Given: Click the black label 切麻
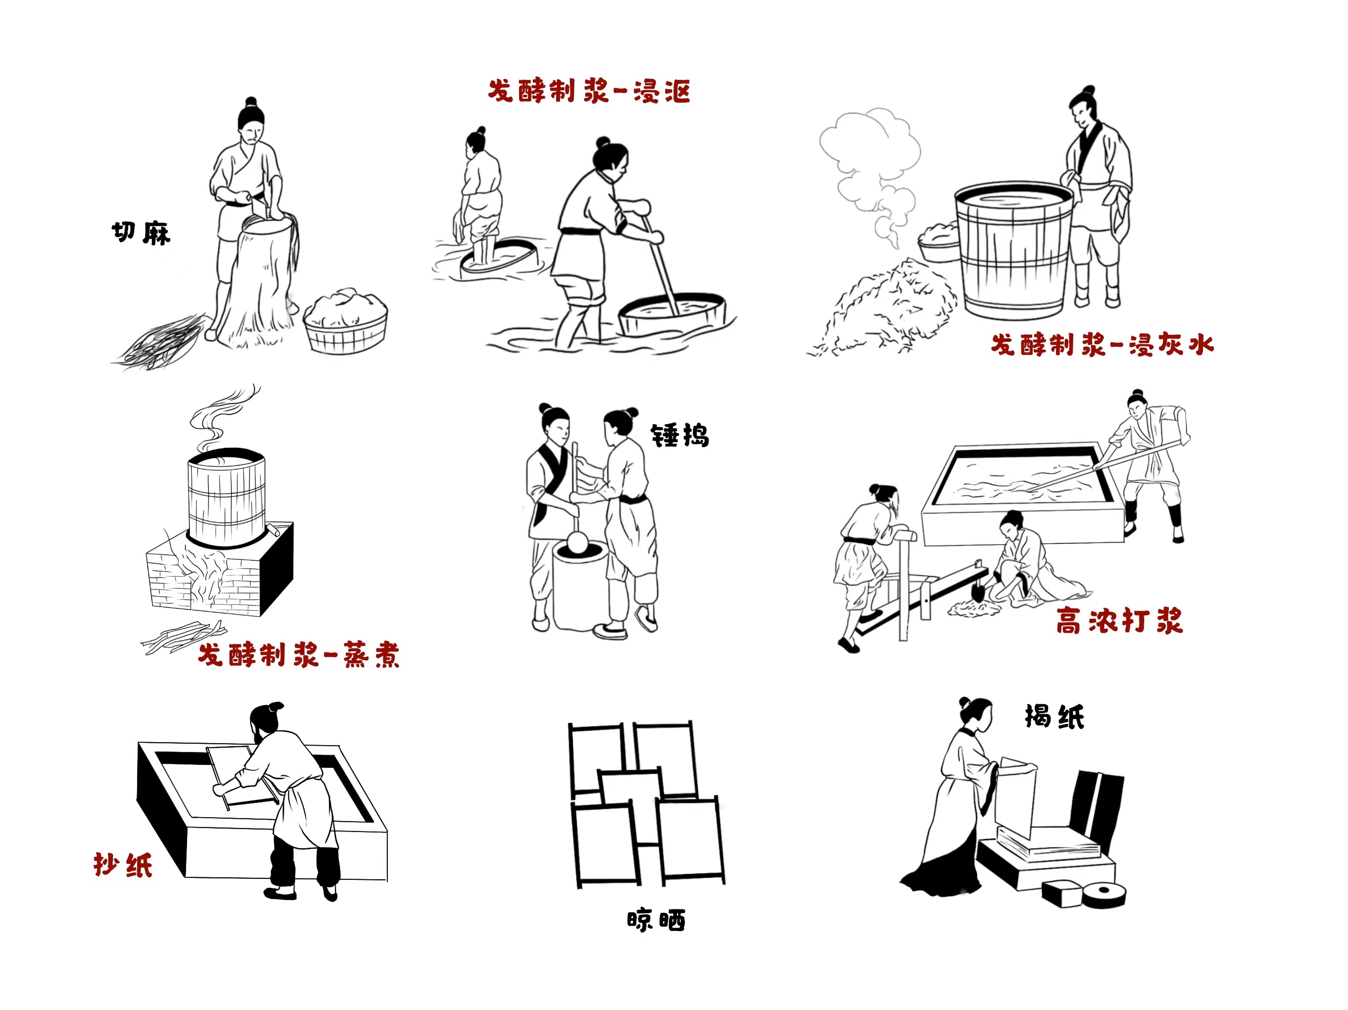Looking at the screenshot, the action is [x=141, y=233].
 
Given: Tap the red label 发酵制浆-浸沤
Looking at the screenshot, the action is [x=589, y=91].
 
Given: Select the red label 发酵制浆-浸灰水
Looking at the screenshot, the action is [x=1102, y=345].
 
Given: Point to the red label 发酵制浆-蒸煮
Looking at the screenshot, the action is [x=299, y=655].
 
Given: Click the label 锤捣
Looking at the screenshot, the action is [x=680, y=435].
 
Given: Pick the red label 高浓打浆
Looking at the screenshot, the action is [x=1120, y=621].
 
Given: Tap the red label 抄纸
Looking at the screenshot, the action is [x=123, y=865].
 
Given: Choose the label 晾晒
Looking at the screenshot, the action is [x=656, y=920].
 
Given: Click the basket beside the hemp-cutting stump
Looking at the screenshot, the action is [x=345, y=323].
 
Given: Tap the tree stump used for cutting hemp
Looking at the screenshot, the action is [x=257, y=280].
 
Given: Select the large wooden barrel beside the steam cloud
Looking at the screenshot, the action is [x=1013, y=250].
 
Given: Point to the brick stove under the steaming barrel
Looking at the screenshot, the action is [x=220, y=570].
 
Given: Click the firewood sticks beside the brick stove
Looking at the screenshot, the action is [x=184, y=637].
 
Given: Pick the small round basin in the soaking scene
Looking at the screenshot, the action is [x=498, y=256].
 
